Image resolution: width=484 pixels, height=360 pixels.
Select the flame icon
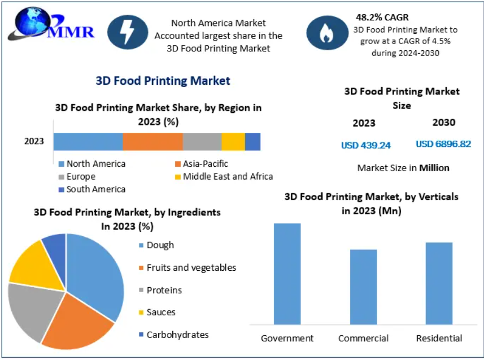click(x=326, y=32)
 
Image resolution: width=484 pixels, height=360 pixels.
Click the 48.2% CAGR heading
click(x=382, y=18)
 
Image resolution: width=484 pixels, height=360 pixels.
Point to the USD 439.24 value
click(x=365, y=145)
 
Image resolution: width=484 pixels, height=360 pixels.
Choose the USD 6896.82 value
click(x=443, y=144)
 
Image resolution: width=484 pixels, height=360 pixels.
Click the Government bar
click(x=287, y=274)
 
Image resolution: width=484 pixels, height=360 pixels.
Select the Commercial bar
click(x=363, y=287)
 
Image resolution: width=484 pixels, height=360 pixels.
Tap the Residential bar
click(x=439, y=283)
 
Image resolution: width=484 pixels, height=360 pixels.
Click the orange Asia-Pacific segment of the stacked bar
click(x=152, y=142)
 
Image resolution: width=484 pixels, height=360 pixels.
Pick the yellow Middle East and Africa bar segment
click(x=233, y=142)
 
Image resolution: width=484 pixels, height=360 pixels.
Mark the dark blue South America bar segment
click(x=252, y=142)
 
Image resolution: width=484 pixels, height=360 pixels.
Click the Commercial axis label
click(x=363, y=339)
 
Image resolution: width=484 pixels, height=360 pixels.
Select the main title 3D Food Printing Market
click(x=163, y=81)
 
